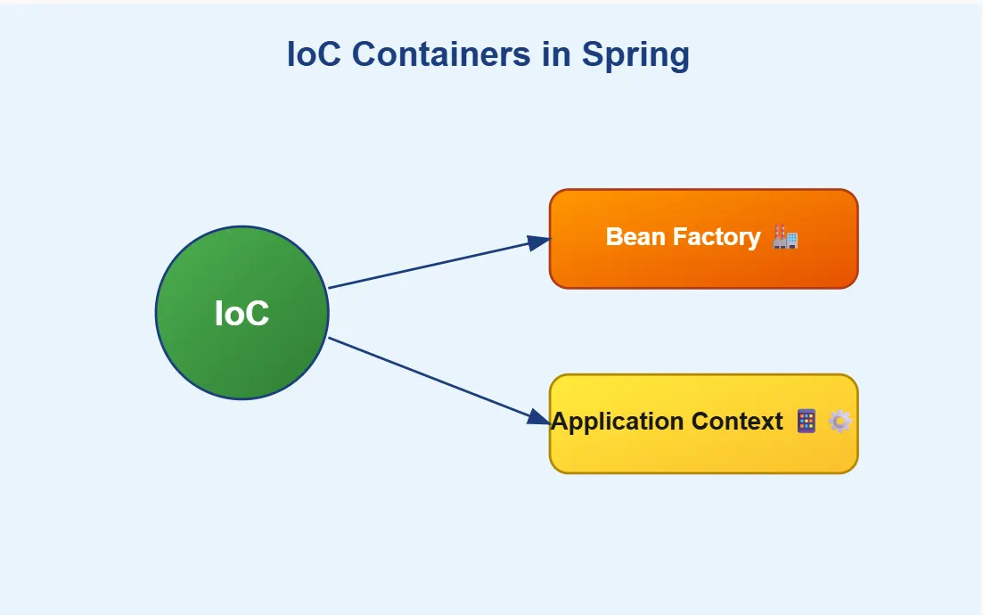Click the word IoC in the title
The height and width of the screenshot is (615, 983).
point(315,54)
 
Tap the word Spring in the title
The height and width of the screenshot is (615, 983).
point(635,54)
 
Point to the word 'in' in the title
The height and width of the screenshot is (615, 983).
point(555,54)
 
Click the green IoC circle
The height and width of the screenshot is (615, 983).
point(242,357)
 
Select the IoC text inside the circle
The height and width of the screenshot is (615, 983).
point(242,314)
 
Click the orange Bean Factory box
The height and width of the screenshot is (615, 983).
point(703,267)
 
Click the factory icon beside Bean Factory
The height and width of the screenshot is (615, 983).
point(785,236)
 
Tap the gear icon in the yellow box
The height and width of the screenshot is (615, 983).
point(840,421)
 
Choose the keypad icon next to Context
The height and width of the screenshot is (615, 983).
point(807,421)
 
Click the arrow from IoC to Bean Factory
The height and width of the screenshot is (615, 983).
point(428,265)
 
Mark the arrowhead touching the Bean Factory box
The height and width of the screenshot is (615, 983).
point(538,242)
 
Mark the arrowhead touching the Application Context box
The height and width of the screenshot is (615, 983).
point(538,417)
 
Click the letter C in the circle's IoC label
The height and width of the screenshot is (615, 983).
point(258,314)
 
